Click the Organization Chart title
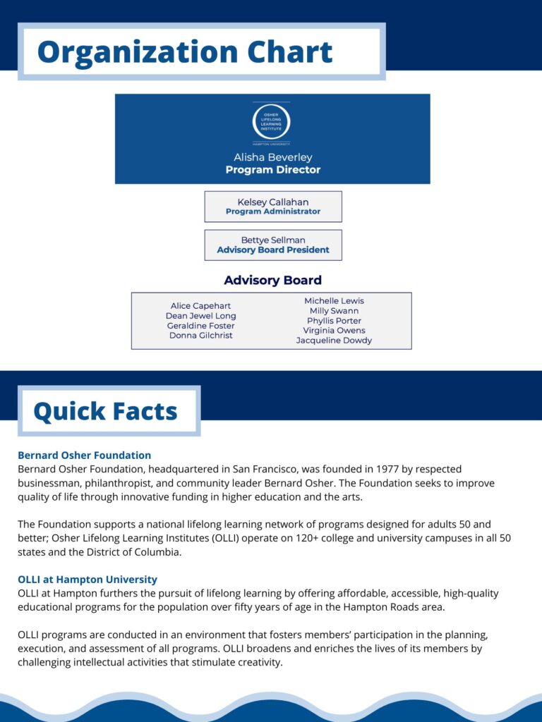185,51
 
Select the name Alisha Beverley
272,157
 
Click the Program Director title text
272,170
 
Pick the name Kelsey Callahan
272,202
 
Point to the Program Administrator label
272,212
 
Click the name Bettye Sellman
272,240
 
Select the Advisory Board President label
272,250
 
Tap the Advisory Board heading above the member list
272,280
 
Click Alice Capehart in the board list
200,306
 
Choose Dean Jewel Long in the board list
200,316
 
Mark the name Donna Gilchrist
200,336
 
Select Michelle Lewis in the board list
334,301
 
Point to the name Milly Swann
334,311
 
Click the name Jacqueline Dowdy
334,341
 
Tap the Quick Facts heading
105,411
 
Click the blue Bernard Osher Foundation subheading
84,455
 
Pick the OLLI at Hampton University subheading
88,580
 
